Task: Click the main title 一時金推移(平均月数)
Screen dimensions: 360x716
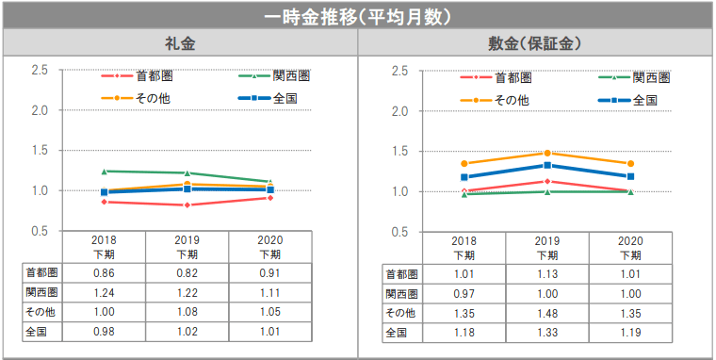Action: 358,16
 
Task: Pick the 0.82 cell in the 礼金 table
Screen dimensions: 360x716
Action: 187,273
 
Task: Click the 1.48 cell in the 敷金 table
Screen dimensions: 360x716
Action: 547,313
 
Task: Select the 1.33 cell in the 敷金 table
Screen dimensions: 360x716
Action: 547,333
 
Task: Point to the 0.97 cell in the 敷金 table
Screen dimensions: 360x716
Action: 464,293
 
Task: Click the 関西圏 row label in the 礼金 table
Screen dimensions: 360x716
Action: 41,293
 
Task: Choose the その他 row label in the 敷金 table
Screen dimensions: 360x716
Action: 401,313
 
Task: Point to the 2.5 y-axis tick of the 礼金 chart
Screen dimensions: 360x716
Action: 40,71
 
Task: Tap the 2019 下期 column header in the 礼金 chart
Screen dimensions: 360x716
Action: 187,247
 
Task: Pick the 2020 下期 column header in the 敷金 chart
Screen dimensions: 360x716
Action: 630,248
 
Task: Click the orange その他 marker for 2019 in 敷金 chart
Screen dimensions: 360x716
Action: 547,153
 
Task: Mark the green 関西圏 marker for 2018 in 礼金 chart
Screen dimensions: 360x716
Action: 104,172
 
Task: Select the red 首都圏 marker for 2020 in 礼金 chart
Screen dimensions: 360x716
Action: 269,198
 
